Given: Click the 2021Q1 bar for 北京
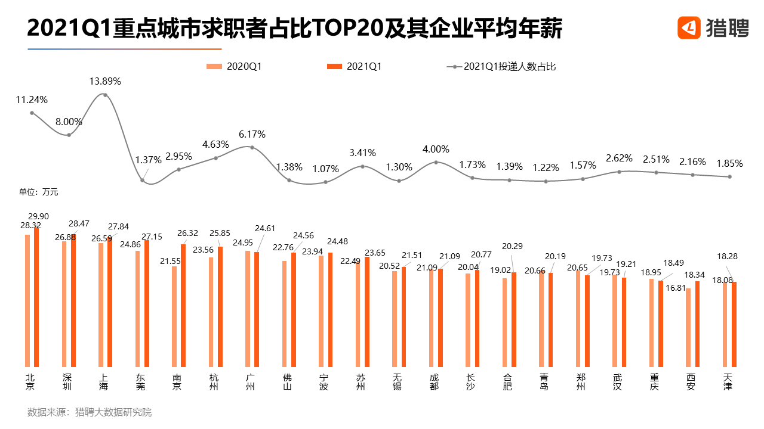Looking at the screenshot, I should tap(36, 298).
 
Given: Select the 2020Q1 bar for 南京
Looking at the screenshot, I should tap(174, 316).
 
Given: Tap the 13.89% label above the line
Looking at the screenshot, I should tap(105, 81).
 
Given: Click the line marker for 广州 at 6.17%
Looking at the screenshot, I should tap(252, 147).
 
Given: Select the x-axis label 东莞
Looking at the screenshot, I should tap(140, 381).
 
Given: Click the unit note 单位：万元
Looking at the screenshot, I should tap(39, 192).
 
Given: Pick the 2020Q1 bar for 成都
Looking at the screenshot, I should tap(432, 318).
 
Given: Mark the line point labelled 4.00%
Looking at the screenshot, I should tap(436, 162).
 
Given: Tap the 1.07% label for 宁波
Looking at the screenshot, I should tap(325, 169).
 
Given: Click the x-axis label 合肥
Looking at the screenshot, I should tap(507, 381).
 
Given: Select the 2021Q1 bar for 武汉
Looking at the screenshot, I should tap(624, 322).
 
